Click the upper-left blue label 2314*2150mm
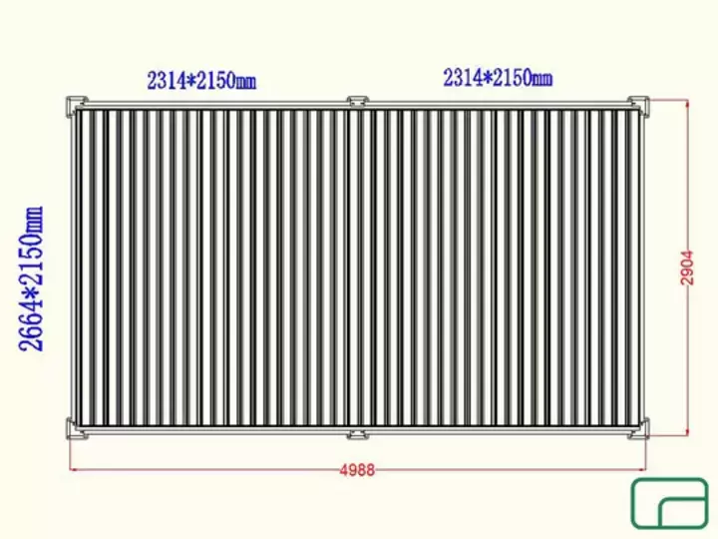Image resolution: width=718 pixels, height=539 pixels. (x=201, y=81)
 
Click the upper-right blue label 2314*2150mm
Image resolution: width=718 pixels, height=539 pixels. (x=498, y=78)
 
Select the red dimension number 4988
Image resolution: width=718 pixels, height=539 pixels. (x=357, y=470)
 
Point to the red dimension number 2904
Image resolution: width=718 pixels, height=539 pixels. (x=687, y=269)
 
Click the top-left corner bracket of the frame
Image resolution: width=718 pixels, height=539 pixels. (x=75, y=106)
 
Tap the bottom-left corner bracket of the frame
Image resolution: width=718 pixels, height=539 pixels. (x=75, y=429)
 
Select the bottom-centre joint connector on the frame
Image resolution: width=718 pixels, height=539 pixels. (x=356, y=433)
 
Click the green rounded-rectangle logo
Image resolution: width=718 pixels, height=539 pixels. (x=669, y=503)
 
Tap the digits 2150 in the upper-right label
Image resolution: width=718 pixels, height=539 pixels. (x=511, y=78)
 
